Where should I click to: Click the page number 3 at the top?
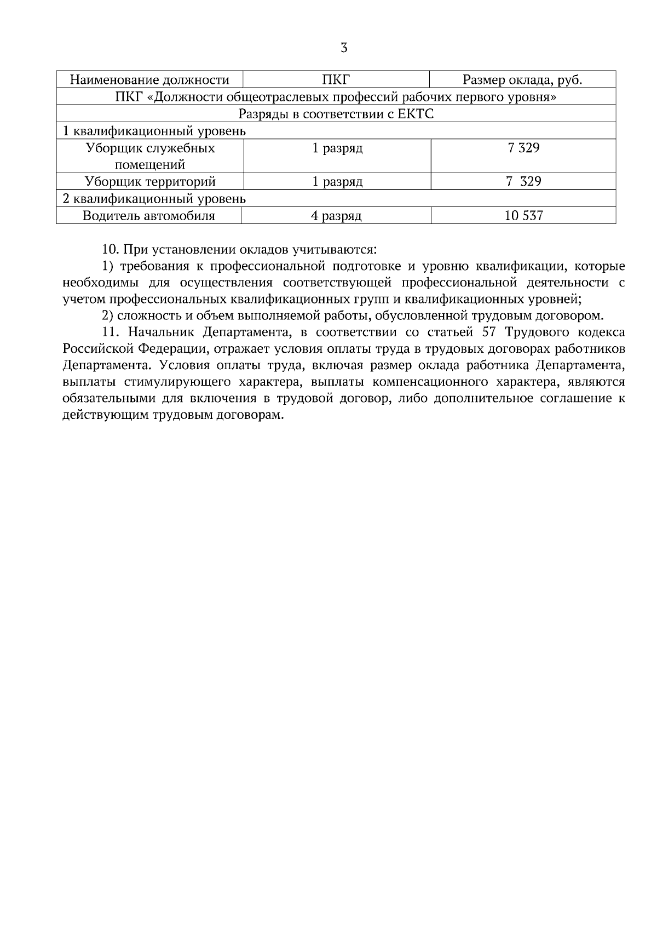pyautogui.click(x=344, y=48)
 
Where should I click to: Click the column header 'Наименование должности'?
pyautogui.click(x=149, y=80)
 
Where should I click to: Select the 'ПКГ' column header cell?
pyautogui.click(x=336, y=80)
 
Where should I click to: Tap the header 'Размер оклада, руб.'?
pyautogui.click(x=522, y=80)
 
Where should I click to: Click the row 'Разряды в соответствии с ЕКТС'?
pyautogui.click(x=336, y=114)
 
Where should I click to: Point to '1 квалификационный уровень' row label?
pyautogui.click(x=154, y=131)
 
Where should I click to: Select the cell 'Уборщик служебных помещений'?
pyautogui.click(x=150, y=156)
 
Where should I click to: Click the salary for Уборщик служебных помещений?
pyautogui.click(x=523, y=148)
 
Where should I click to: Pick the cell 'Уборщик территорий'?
pyautogui.click(x=150, y=181)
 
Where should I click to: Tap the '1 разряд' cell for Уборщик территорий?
pyautogui.click(x=337, y=181)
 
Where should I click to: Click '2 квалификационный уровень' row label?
pyautogui.click(x=154, y=198)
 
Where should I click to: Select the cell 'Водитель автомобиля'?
pyautogui.click(x=149, y=215)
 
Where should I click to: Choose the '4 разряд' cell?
pyautogui.click(x=336, y=215)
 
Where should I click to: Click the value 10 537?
pyautogui.click(x=523, y=215)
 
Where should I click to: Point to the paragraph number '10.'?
pyautogui.click(x=111, y=250)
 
